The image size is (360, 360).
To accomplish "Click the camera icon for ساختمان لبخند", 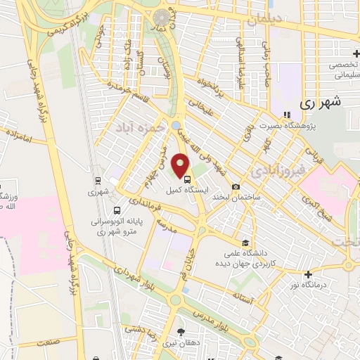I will (x=236, y=186).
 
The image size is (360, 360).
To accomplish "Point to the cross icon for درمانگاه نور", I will (x=307, y=274).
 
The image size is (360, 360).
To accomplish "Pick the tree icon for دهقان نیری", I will (x=181, y=331).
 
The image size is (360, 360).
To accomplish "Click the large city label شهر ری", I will (x=320, y=102).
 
